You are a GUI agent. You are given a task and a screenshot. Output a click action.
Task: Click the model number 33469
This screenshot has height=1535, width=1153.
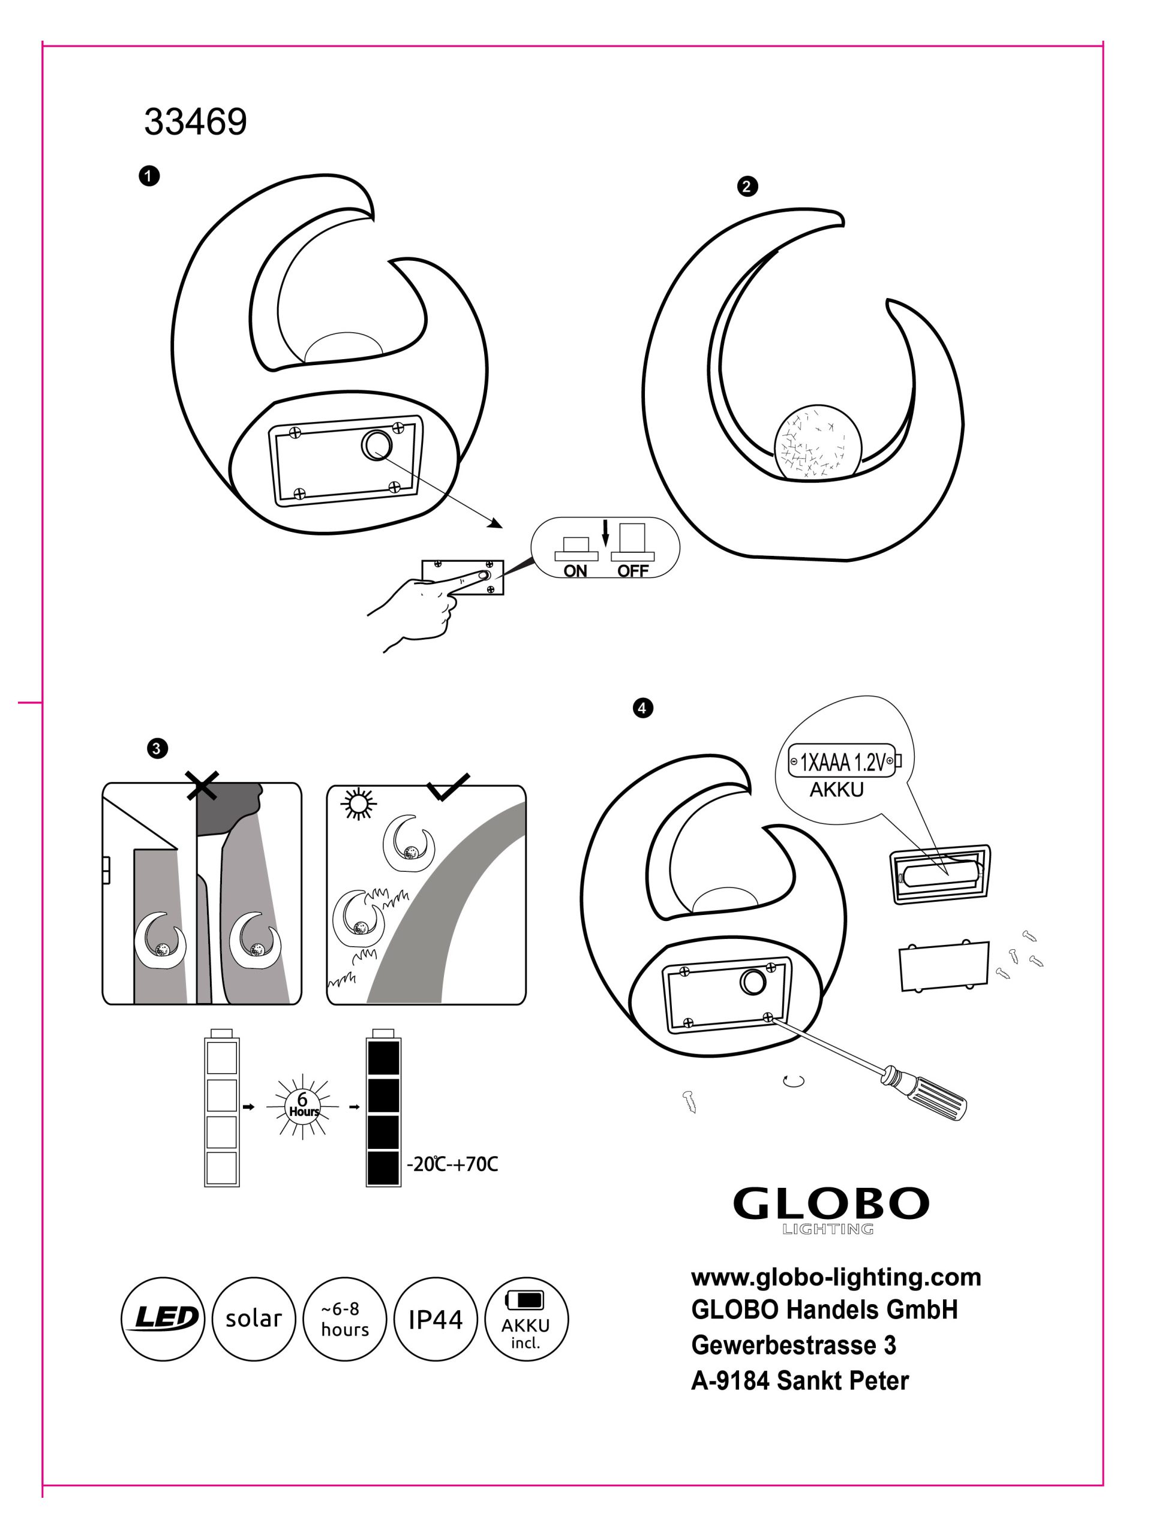(195, 122)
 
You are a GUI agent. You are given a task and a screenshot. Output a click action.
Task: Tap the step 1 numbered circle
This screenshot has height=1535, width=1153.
(149, 176)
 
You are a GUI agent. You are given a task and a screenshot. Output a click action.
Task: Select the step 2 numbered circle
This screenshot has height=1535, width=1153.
(747, 186)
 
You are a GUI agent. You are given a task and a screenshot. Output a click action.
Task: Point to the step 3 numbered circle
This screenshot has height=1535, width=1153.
(157, 749)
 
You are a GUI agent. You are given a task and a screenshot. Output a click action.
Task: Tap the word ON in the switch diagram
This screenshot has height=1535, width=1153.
(575, 570)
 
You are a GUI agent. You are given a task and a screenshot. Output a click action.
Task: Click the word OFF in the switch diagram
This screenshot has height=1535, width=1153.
(632, 570)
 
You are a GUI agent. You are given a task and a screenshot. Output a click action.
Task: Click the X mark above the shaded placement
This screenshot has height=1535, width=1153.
(203, 784)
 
